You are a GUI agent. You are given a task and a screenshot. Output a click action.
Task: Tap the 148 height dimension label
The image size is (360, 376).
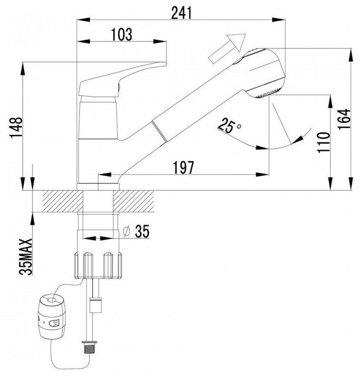(x=17, y=130)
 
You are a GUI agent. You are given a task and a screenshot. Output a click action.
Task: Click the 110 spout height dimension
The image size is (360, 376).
(x=323, y=142)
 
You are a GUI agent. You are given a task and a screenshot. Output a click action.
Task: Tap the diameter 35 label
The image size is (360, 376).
(x=136, y=232)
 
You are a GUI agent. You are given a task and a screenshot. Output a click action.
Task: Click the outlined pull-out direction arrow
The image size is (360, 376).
(x=227, y=48)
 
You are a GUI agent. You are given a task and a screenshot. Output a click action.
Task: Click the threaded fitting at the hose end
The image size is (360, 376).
(x=94, y=347)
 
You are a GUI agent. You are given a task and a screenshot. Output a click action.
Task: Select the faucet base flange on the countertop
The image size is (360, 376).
(x=98, y=186)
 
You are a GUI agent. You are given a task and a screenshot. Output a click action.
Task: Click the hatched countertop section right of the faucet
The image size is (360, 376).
(x=136, y=201)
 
